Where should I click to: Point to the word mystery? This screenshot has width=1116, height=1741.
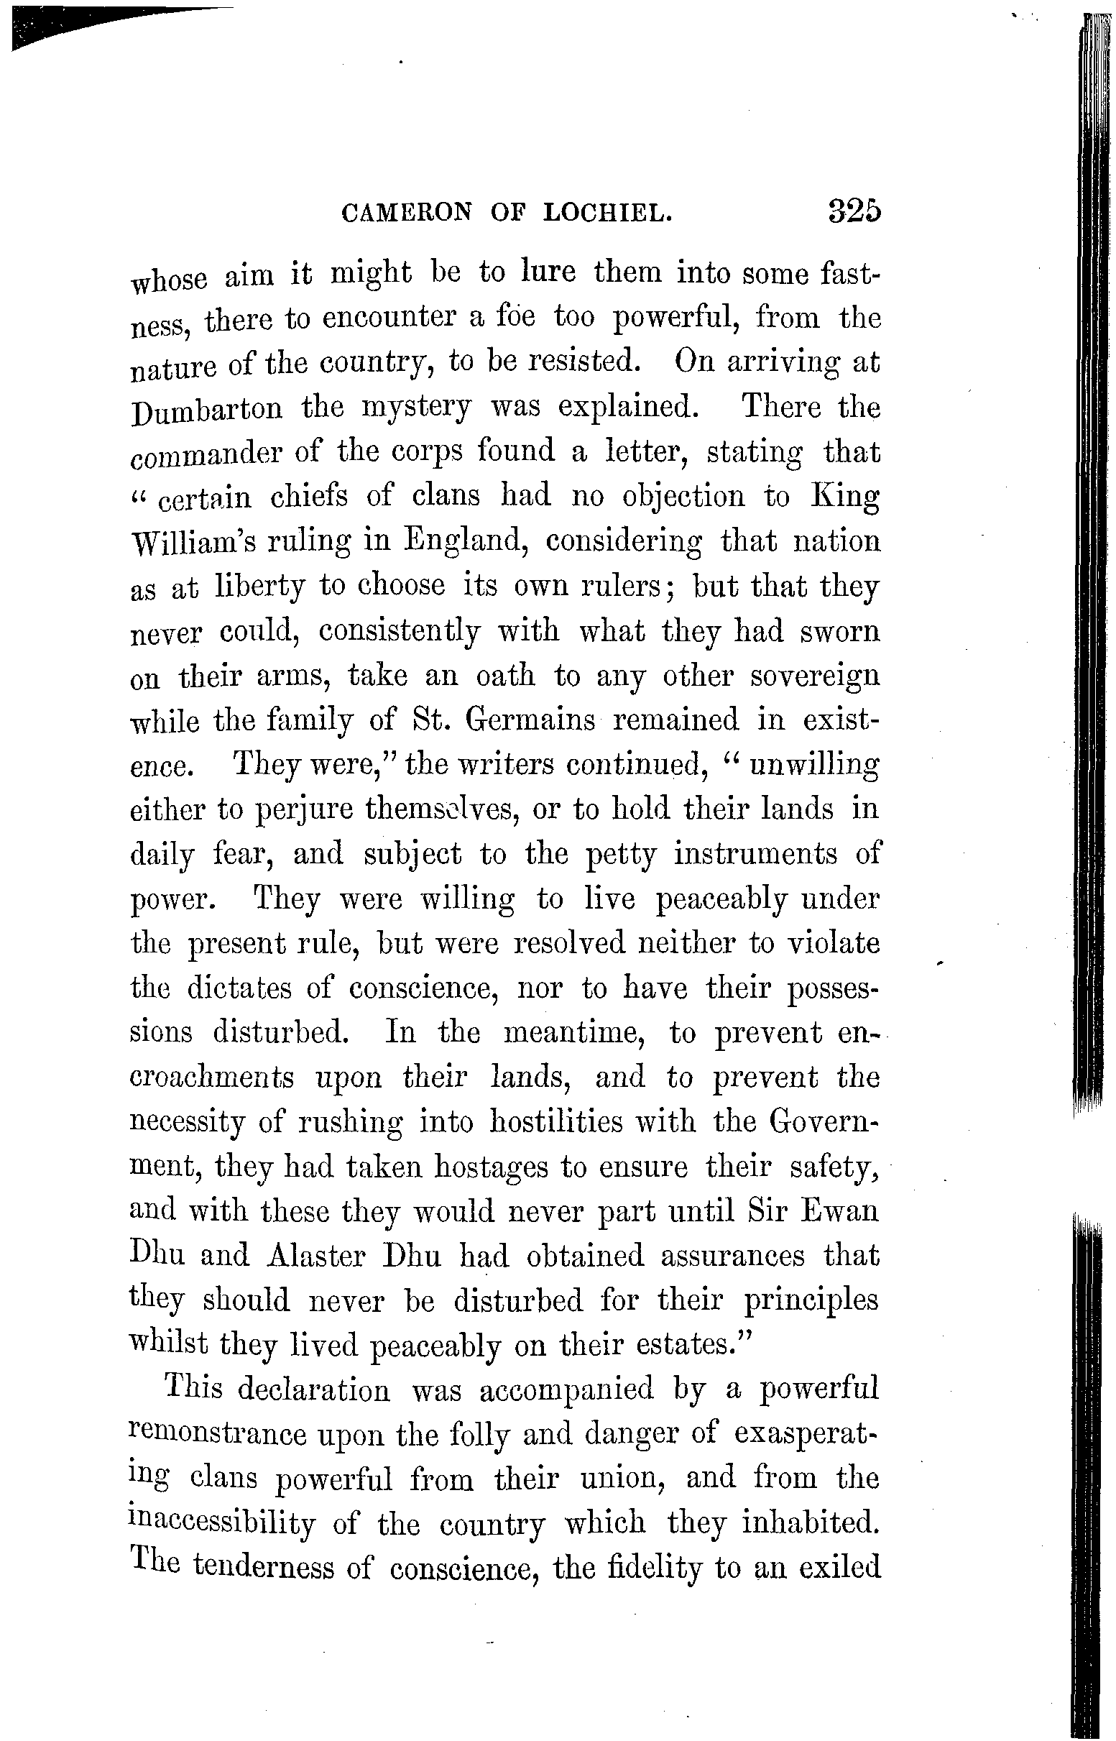click(416, 408)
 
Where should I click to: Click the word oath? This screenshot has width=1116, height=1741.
click(505, 676)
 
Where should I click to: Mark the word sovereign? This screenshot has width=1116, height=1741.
click(814, 678)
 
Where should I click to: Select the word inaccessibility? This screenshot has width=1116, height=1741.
click(223, 1525)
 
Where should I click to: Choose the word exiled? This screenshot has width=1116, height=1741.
click(839, 1568)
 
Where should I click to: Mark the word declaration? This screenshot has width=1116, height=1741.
click(313, 1390)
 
